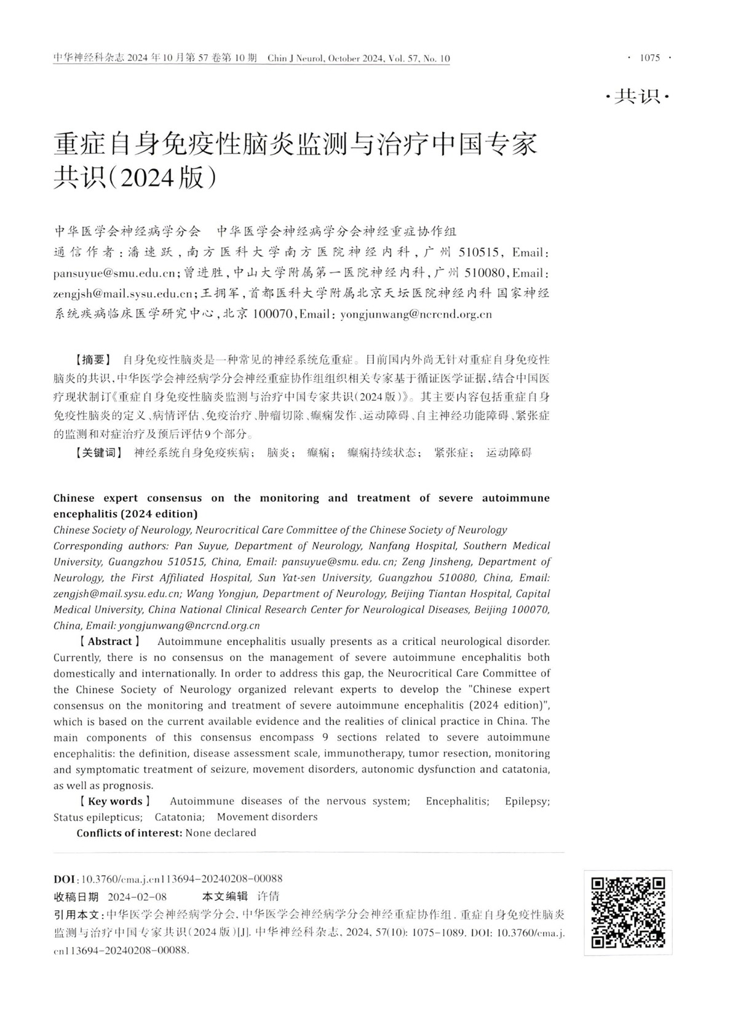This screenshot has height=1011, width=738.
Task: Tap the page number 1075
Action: point(649,58)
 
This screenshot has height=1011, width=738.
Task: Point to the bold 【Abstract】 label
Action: point(109,641)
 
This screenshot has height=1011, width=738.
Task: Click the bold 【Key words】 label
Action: point(115,801)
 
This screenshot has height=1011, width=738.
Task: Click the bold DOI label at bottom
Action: point(65,879)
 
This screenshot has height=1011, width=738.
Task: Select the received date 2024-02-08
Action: point(137,897)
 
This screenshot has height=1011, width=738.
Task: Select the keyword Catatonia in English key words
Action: point(179,817)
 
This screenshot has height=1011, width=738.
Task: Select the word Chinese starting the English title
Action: point(74,498)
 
